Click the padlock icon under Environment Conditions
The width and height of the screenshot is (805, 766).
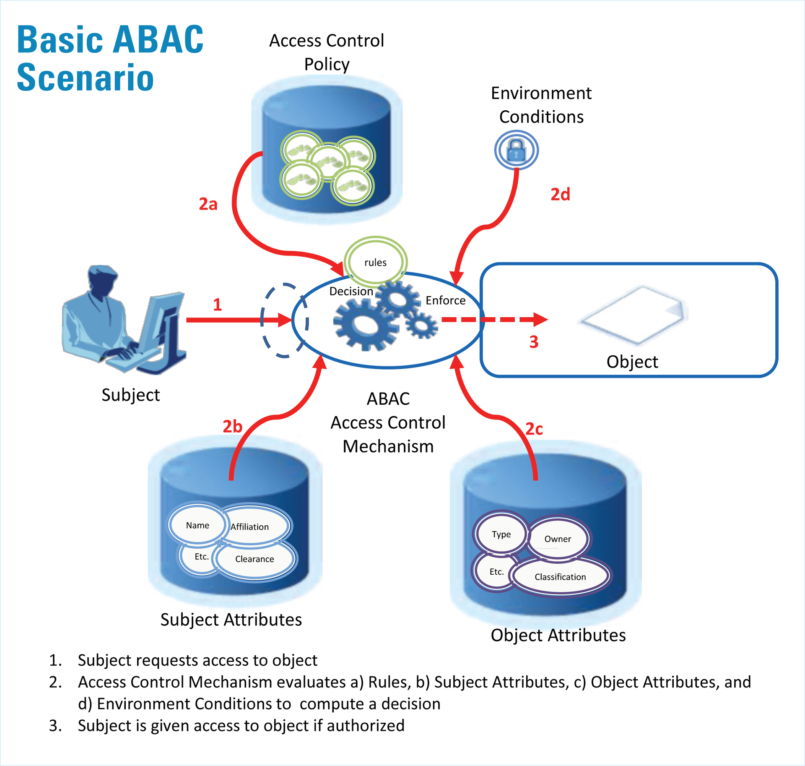(x=516, y=150)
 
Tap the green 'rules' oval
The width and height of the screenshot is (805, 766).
(x=375, y=262)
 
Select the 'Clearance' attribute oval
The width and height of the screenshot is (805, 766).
(x=254, y=559)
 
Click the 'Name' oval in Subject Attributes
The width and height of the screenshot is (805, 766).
(x=197, y=525)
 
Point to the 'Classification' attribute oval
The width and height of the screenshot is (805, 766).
(x=560, y=577)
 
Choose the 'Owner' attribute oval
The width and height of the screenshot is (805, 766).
(x=558, y=539)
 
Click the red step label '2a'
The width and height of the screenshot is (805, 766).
(x=208, y=204)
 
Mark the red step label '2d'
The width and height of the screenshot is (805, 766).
(x=560, y=194)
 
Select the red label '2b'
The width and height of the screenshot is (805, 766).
(x=232, y=427)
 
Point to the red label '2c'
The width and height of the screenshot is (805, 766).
(x=534, y=429)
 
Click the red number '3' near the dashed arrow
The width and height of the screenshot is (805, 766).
(x=534, y=342)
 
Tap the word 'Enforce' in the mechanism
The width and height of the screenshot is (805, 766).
(x=445, y=300)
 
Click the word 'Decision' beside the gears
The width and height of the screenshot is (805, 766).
(x=351, y=291)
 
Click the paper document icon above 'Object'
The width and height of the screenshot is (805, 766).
(x=633, y=315)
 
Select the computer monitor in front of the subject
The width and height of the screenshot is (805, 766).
(x=161, y=323)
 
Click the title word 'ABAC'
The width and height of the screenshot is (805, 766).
(x=158, y=40)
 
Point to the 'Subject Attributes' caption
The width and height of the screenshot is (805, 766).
(x=231, y=620)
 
